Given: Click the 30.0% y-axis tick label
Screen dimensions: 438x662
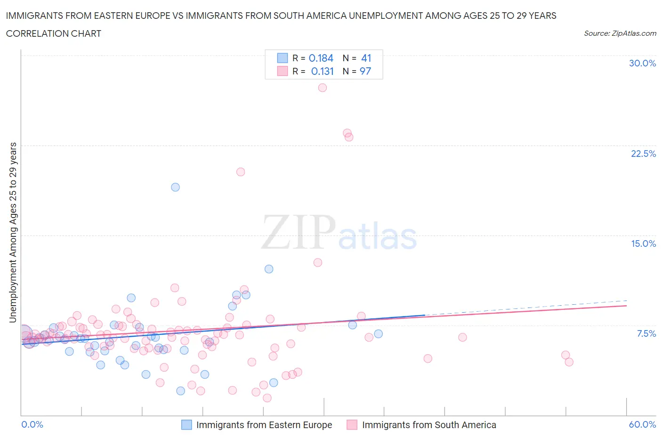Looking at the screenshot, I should [642, 63].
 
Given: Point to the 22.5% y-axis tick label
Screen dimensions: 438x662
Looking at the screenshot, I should [643, 154].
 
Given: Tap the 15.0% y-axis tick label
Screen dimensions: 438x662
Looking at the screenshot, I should [643, 243].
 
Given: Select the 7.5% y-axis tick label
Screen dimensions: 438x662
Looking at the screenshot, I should [646, 333].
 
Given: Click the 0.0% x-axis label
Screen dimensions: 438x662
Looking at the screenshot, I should [32, 424].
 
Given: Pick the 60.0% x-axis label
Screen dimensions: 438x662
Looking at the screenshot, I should [642, 424].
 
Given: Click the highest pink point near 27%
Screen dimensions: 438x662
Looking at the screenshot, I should [322, 88].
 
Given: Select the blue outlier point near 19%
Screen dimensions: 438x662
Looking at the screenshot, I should [175, 187].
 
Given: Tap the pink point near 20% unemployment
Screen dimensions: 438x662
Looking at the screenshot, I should [241, 172].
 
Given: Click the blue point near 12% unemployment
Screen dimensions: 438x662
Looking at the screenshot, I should [269, 269].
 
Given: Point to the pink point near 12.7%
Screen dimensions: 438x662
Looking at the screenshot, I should [318, 262].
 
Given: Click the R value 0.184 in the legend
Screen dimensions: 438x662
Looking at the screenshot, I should [321, 58].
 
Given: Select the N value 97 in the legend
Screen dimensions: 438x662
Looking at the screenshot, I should [365, 71].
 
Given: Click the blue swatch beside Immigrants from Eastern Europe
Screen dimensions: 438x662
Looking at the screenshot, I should [187, 425].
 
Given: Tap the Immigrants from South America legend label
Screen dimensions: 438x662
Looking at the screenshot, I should [429, 425].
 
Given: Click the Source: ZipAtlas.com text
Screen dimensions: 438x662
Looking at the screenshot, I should [620, 33].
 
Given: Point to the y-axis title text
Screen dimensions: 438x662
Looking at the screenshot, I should [13, 232].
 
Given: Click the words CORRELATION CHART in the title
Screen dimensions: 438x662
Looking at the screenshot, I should [54, 33].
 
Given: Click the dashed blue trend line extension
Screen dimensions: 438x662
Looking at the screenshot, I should [527, 308].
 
